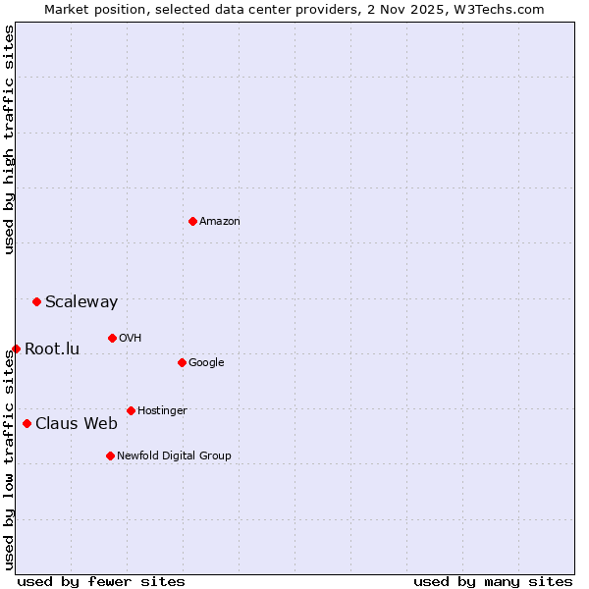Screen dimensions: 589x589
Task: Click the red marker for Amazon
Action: tap(192, 221)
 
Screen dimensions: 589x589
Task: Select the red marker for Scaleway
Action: tap(36, 301)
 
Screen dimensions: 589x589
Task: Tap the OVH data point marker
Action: tap(112, 338)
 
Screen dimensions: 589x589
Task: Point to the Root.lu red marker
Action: tap(16, 348)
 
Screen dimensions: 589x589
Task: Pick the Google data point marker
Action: tap(182, 362)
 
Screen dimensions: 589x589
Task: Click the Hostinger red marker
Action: tap(131, 410)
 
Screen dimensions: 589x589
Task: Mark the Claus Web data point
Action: tap(27, 423)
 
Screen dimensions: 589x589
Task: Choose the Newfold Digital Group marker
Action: tap(110, 455)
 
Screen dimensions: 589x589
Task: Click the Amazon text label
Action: tap(220, 222)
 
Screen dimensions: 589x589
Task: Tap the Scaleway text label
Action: tap(81, 302)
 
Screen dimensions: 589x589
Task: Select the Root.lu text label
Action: tap(52, 349)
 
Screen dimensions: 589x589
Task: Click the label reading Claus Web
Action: tap(77, 424)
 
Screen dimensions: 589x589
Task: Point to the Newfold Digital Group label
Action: tap(174, 455)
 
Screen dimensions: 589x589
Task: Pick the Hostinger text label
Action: tap(162, 410)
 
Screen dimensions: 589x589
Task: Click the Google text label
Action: tap(206, 363)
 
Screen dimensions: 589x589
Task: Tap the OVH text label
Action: tap(130, 339)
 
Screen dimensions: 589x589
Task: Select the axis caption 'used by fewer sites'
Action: tap(101, 581)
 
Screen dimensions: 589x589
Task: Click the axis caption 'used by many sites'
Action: tap(493, 581)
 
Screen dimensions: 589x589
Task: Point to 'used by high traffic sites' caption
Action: tap(9, 139)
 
